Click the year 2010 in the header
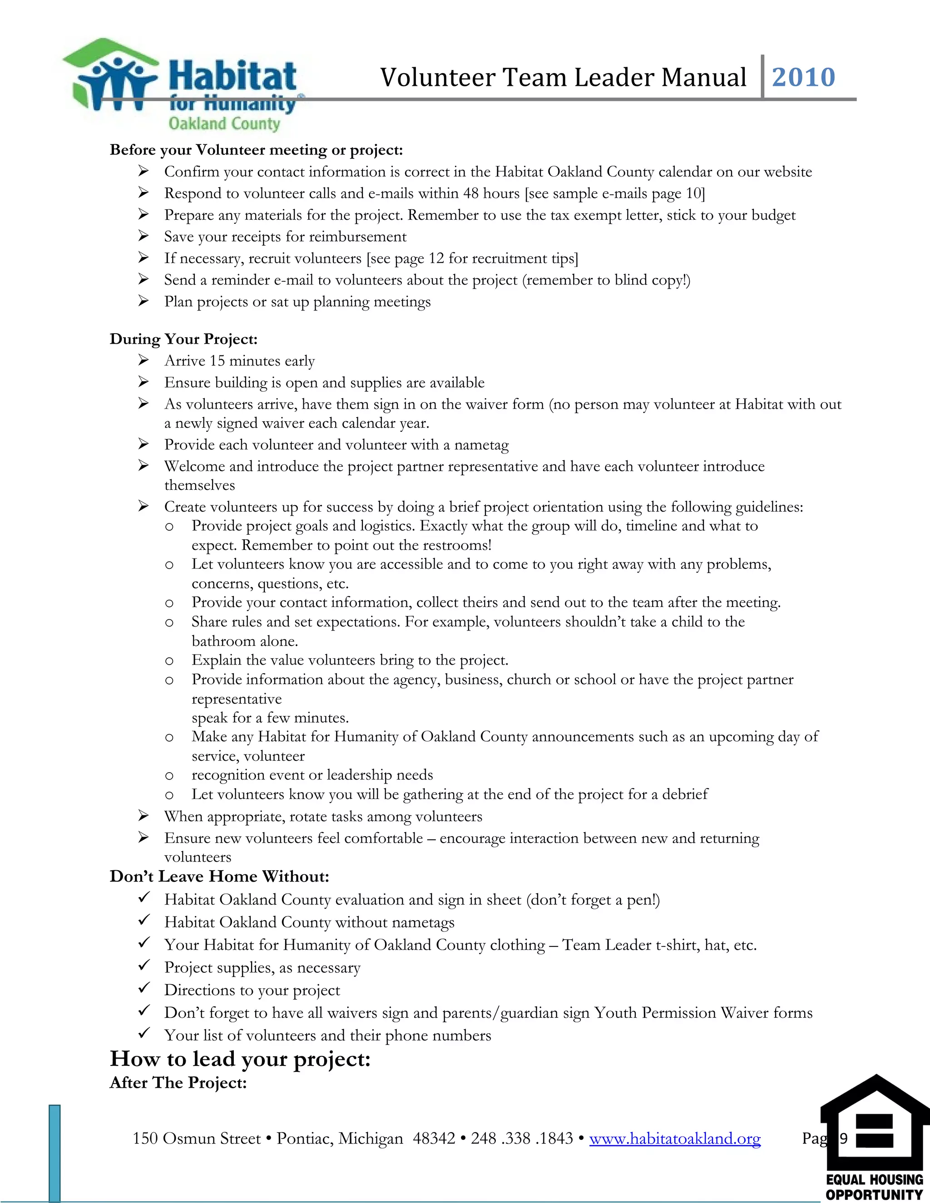click(803, 77)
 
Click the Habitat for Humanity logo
click(182, 83)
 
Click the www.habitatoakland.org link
click(674, 1139)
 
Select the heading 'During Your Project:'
click(183, 339)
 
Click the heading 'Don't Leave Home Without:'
click(219, 876)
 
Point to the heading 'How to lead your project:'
click(240, 1059)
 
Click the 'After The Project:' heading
click(178, 1082)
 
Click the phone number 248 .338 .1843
click(522, 1139)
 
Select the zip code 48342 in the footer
click(433, 1139)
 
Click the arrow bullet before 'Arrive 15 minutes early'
click(143, 360)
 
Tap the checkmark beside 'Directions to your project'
click(144, 989)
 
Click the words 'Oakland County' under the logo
click(224, 123)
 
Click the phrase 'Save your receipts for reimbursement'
click(285, 237)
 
